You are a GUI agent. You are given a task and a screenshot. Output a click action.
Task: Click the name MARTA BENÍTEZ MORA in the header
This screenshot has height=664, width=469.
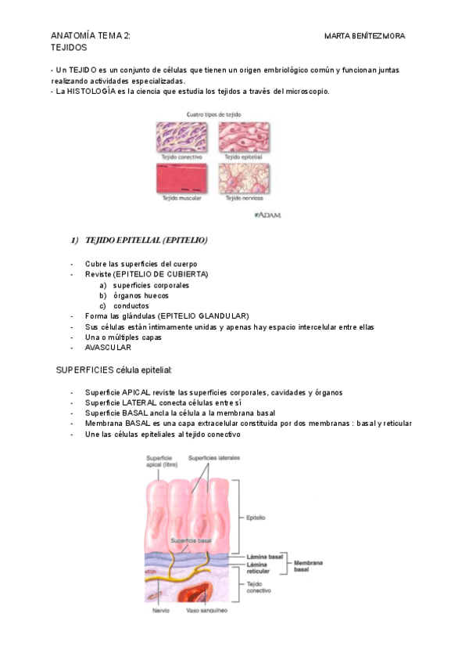(364, 36)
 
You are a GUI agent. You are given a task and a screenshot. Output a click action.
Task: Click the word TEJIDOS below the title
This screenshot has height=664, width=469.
(69, 48)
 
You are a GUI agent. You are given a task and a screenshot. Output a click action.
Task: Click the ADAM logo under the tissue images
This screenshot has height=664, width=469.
(268, 214)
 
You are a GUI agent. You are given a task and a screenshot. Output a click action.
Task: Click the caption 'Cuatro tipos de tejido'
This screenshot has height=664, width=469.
(213, 114)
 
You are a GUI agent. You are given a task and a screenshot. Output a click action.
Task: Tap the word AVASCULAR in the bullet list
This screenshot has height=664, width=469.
(109, 348)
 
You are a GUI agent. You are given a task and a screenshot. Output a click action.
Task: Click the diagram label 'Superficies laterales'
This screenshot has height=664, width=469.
(213, 457)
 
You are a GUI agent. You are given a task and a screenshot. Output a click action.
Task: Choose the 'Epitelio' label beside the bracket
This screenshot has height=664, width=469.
(256, 518)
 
